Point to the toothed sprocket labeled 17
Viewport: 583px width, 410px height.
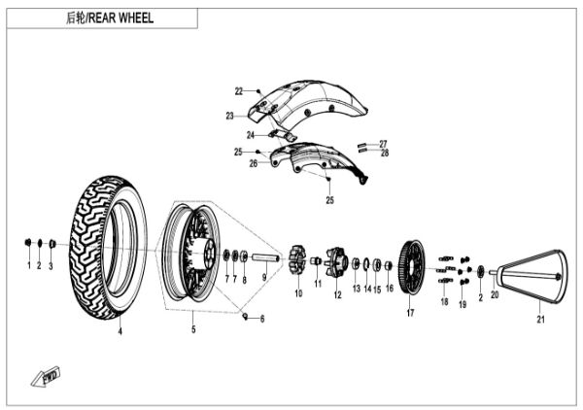pyautogui.click(x=410, y=267)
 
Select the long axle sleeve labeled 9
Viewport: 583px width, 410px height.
pyautogui.click(x=267, y=257)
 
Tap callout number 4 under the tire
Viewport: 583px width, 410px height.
pyautogui.click(x=120, y=332)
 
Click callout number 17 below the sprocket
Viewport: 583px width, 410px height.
pyautogui.click(x=410, y=314)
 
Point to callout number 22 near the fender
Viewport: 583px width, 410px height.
pyautogui.click(x=238, y=91)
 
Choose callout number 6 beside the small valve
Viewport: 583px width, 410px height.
pyautogui.click(x=261, y=319)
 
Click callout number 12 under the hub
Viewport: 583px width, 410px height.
pyautogui.click(x=337, y=294)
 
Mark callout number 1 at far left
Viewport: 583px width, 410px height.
pyautogui.click(x=28, y=265)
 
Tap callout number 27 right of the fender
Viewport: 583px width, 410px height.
pyautogui.click(x=384, y=143)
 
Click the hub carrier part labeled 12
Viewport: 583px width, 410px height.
pyautogui.click(x=337, y=260)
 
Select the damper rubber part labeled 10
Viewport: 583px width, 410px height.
pyautogui.click(x=298, y=260)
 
